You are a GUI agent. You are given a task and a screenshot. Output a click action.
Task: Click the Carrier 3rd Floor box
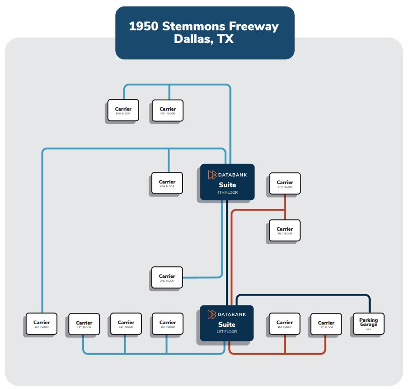[285, 230]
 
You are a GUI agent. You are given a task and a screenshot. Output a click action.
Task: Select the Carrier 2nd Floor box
[167, 277]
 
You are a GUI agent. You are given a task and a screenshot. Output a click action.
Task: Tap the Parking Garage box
[368, 324]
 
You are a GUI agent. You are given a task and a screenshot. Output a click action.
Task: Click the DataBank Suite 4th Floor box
[227, 182]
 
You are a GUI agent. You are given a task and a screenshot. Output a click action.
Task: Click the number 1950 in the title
[144, 26]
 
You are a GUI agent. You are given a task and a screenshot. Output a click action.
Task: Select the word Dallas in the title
[191, 39]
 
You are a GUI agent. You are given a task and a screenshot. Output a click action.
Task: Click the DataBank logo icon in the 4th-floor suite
[212, 175]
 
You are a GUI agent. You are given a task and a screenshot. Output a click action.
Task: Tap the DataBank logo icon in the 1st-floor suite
[212, 314]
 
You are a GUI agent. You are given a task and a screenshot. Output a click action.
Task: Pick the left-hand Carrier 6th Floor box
[123, 111]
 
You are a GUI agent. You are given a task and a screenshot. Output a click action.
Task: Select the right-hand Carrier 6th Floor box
[168, 111]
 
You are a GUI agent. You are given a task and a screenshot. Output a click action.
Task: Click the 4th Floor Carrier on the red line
[285, 184]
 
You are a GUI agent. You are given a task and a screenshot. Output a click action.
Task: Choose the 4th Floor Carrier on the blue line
[167, 183]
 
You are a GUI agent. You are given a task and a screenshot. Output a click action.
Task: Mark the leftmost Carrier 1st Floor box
[41, 324]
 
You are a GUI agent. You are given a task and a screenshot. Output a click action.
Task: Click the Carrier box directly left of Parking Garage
[326, 324]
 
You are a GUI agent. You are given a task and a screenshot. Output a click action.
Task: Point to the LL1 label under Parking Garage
[368, 329]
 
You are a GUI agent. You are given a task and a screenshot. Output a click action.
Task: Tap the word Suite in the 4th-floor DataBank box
[227, 185]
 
